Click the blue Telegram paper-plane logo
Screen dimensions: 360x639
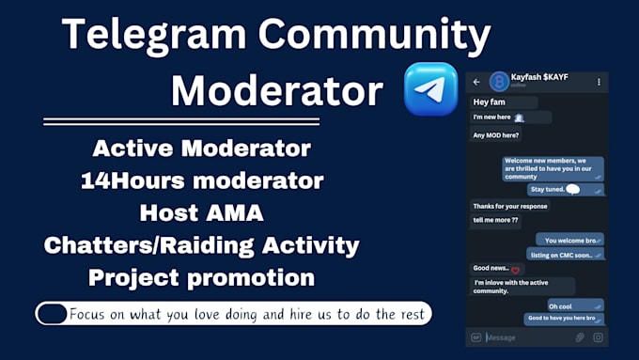coord(431,90)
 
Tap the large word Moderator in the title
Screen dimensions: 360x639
coord(277,91)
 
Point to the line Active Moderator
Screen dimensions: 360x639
coord(202,149)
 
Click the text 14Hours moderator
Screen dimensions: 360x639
coord(202,180)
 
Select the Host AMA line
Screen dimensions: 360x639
coord(201,213)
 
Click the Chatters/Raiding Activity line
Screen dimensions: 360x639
coord(201,246)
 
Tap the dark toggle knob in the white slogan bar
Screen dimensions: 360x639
coord(53,313)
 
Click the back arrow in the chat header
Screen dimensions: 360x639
coord(476,82)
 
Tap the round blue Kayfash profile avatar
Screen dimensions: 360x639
coord(498,82)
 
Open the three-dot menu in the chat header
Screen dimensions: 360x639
coord(599,82)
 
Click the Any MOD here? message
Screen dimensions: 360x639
coord(495,134)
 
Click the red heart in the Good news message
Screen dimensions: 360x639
coord(515,271)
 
